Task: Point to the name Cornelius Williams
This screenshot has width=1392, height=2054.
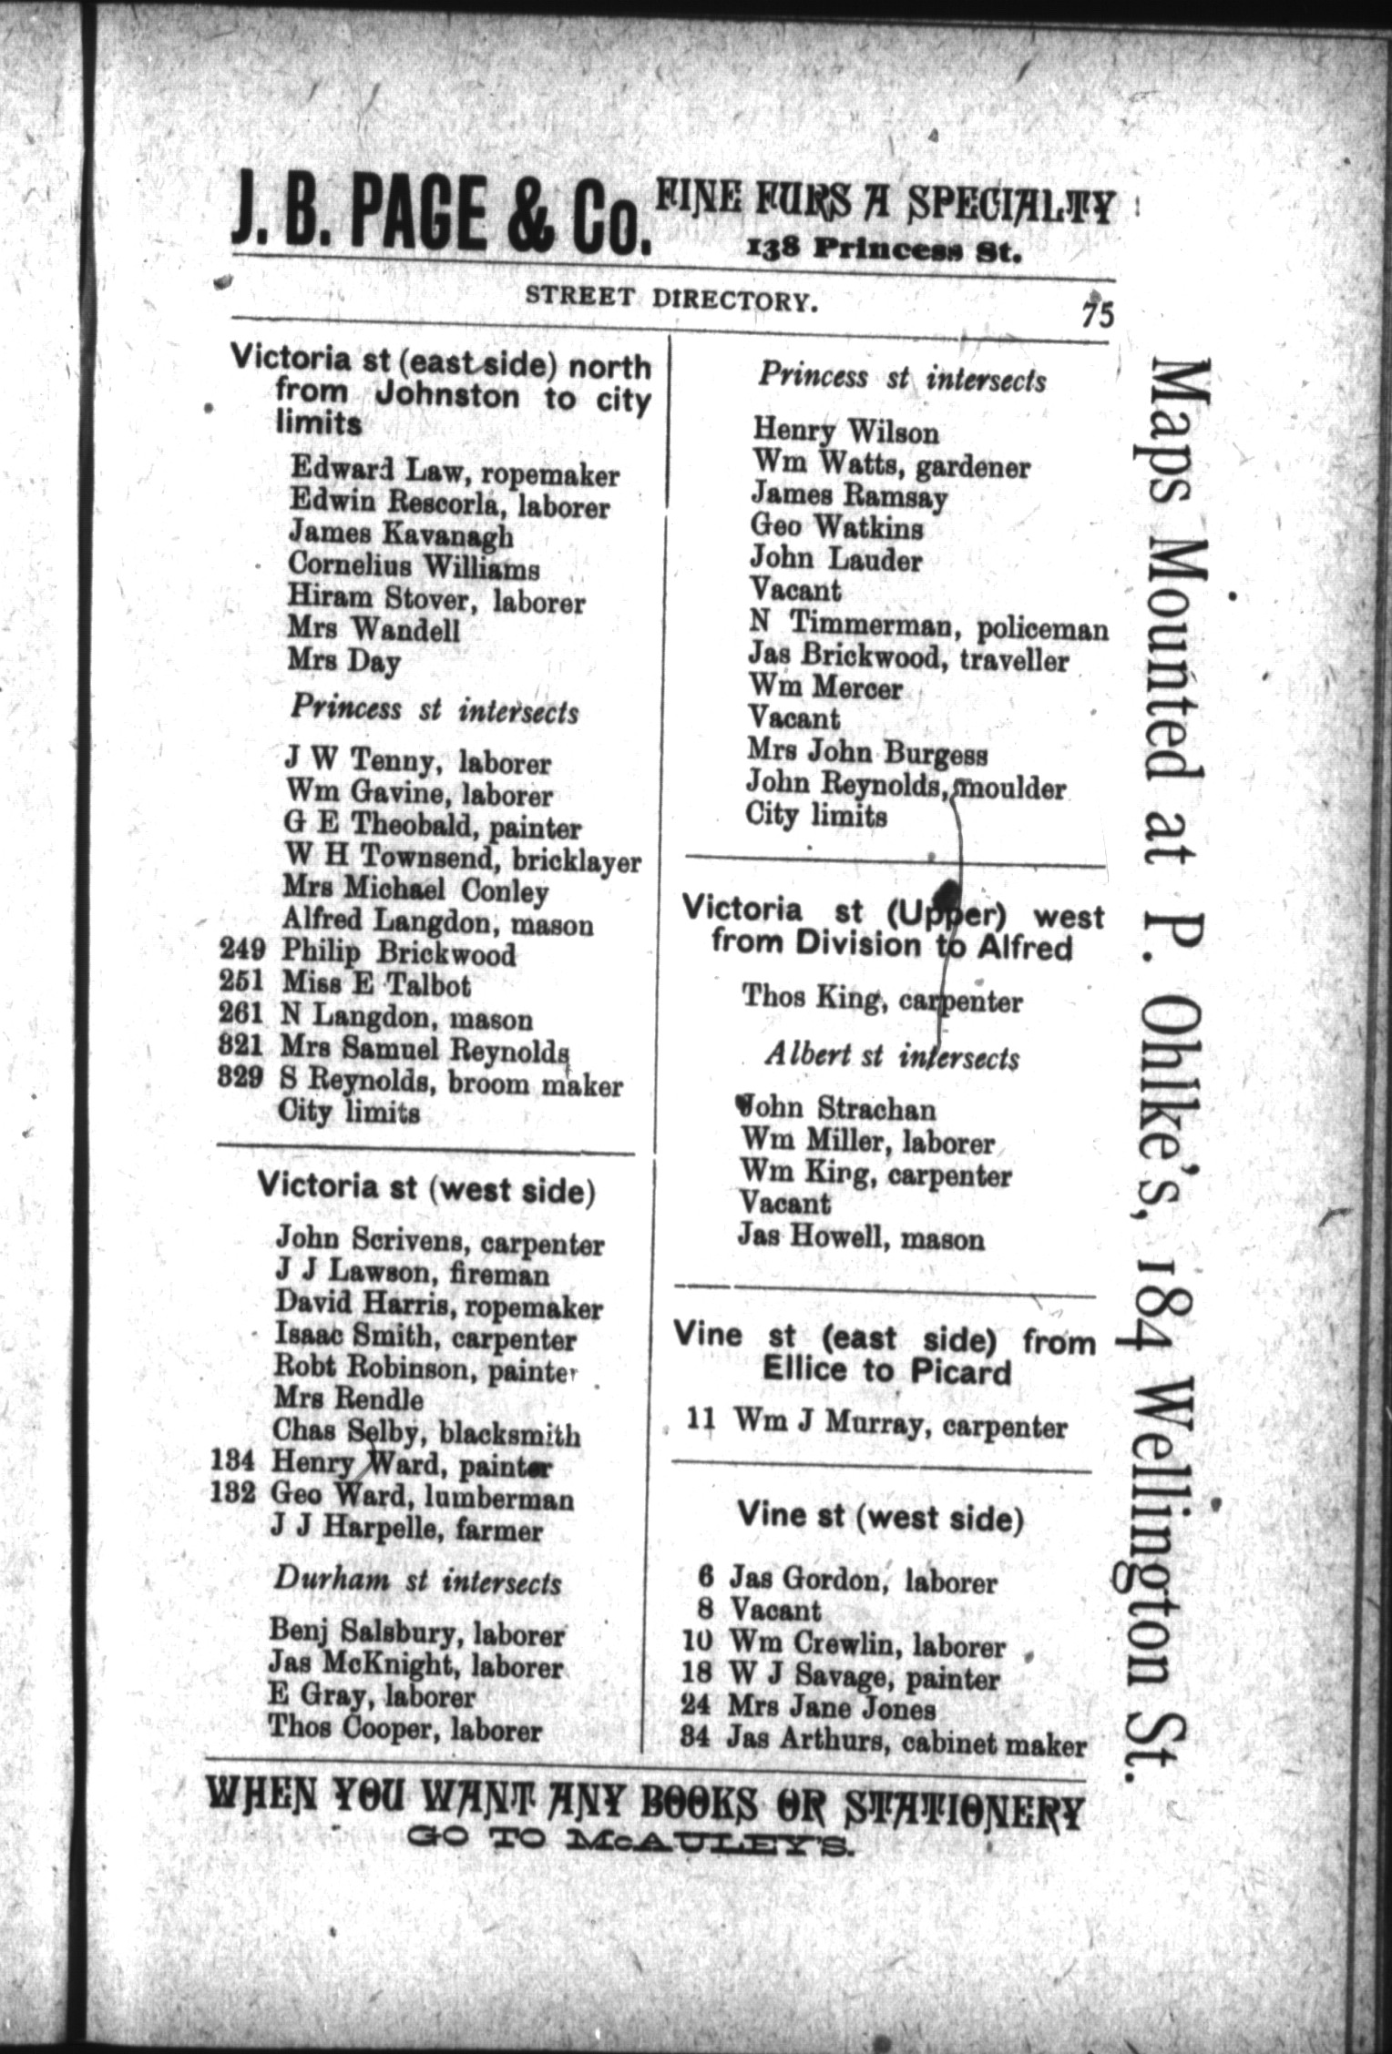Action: pos(414,568)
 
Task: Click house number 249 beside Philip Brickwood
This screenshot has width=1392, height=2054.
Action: pos(242,951)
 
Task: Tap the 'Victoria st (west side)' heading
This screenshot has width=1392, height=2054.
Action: pos(426,1189)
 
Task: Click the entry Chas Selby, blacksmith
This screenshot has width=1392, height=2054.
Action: pos(426,1433)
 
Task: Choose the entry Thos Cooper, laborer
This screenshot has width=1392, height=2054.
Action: pos(404,1728)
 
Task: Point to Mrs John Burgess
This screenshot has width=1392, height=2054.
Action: pos(866,753)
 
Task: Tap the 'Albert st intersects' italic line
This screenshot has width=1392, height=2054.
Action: pos(891,1057)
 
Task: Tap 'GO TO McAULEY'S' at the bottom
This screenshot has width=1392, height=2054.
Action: pos(632,1844)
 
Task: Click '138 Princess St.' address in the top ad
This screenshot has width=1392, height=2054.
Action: pos(882,249)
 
